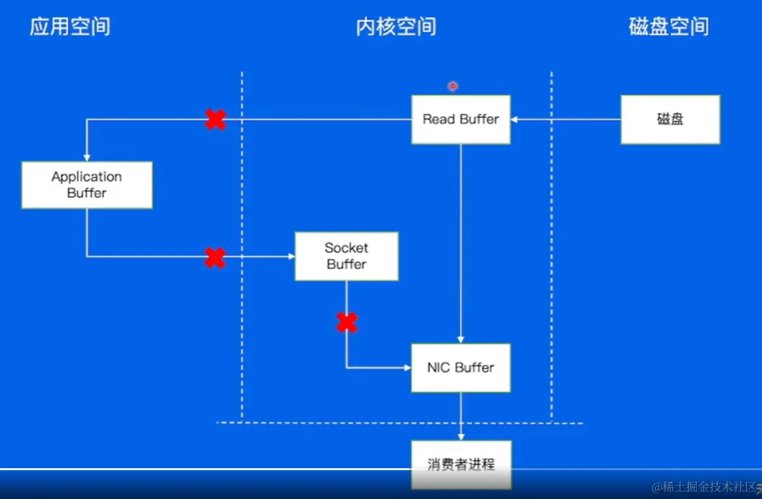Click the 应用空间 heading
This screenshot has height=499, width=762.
point(70,27)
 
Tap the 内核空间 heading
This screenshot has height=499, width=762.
point(396,27)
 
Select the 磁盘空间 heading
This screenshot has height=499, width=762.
point(668,27)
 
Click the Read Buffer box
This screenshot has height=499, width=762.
point(460,119)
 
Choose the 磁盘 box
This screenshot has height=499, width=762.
point(670,119)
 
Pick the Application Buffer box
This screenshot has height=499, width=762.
point(87,185)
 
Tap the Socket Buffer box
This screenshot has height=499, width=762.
point(346,256)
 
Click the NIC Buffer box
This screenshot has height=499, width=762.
point(460,368)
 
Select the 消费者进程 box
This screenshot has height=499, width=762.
point(460,464)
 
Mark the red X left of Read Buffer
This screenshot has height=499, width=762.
point(215,119)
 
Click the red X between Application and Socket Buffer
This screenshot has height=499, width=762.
point(215,257)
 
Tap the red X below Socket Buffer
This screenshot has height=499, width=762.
point(347,322)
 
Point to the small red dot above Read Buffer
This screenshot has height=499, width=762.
point(452,86)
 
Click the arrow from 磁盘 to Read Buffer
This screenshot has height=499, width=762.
point(565,119)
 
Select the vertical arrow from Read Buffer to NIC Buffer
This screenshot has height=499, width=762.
point(461,243)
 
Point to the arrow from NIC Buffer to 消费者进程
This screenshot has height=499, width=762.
point(461,416)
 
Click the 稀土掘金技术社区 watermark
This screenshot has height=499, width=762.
point(704,487)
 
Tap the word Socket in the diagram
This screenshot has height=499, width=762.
point(346,248)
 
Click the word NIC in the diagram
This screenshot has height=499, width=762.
point(439,368)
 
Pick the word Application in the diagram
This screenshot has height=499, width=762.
point(87,177)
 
